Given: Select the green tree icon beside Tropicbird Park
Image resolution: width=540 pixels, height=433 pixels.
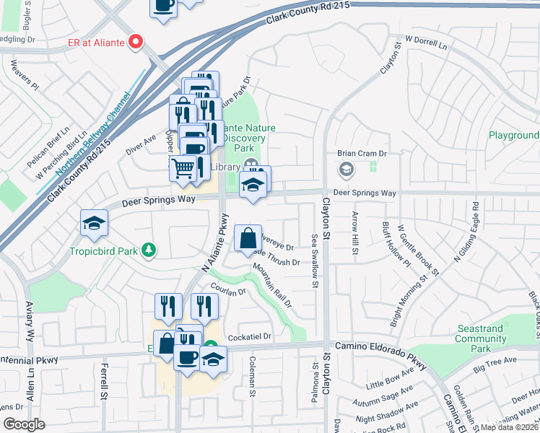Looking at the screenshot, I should click(x=149, y=250).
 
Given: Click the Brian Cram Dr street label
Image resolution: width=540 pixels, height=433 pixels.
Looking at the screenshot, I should click(x=362, y=154).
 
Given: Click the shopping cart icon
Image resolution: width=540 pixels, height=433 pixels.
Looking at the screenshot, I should click(x=183, y=168).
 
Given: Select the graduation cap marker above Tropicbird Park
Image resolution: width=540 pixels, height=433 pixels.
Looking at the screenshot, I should click(x=94, y=224).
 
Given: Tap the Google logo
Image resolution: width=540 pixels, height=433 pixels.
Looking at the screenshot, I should click(x=24, y=424).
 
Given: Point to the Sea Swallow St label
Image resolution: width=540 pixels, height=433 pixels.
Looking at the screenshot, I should click(x=315, y=260).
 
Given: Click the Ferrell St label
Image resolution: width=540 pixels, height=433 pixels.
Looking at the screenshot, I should click(x=104, y=382).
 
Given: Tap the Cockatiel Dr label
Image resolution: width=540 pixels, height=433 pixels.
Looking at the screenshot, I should click(x=249, y=337).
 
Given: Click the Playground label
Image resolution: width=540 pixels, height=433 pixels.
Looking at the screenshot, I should click(x=514, y=135).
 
